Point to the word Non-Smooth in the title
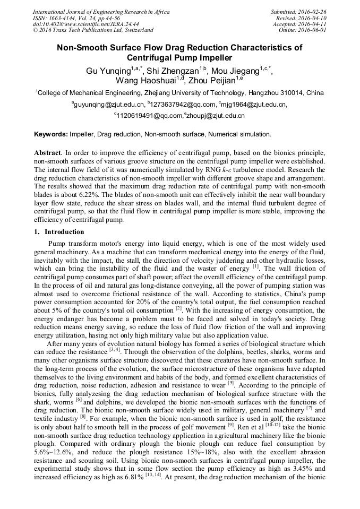(x=85, y=48)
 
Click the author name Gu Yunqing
(x=108, y=71)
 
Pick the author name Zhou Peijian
(x=212, y=81)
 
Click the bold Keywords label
(x=51, y=135)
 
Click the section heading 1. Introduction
(x=59, y=232)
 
